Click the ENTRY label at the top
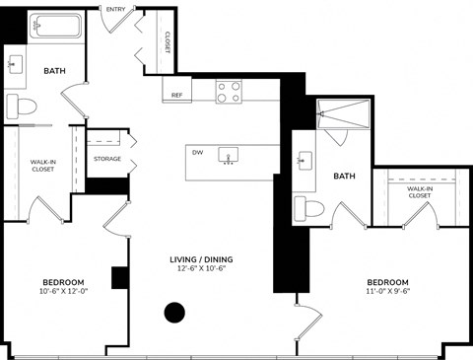coord(115,10)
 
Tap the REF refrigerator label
coord(177,96)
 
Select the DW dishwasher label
coord(198,153)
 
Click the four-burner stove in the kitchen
coord(229,92)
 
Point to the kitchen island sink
coord(231,155)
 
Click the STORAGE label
coord(107,158)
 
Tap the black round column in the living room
coord(174,314)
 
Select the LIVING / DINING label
coord(206,259)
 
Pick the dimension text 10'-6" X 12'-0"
coord(63,291)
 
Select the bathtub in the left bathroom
coord(48,27)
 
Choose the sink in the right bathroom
coord(304,160)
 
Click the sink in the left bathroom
coord(15,65)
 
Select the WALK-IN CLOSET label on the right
coord(420,192)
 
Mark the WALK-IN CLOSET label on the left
coord(42,166)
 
